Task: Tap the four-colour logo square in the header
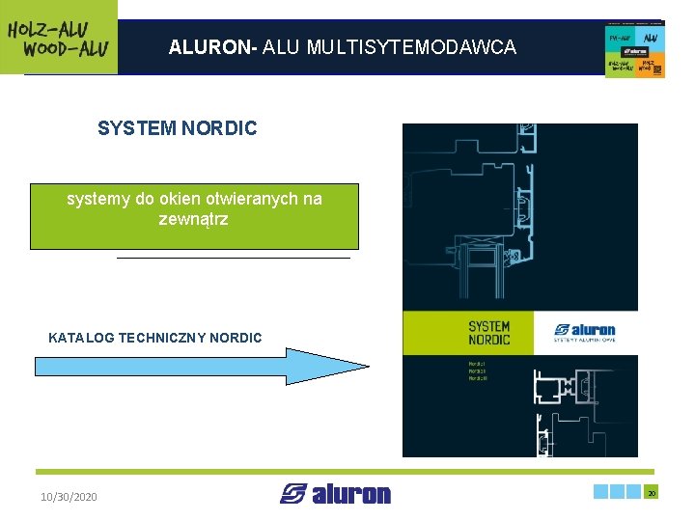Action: click(635, 49)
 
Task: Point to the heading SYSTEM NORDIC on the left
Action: click(177, 128)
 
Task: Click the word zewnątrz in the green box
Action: click(194, 219)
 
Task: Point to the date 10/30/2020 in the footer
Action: click(69, 497)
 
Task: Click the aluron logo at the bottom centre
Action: click(336, 494)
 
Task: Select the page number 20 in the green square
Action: click(652, 492)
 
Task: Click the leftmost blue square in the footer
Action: click(603, 492)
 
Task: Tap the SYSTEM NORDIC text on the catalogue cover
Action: click(488, 333)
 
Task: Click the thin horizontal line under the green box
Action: click(233, 259)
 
